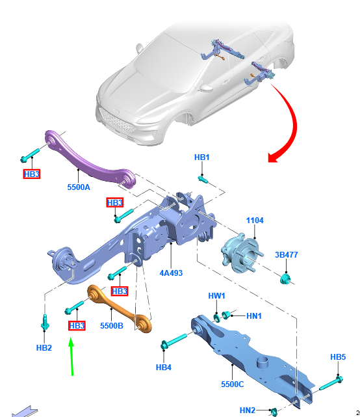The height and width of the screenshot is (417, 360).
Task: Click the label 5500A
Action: coord(79,187)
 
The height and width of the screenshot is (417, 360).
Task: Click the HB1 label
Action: coord(202,157)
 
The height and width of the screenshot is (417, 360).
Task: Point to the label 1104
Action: coord(255,220)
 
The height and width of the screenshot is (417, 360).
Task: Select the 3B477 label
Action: coord(286,255)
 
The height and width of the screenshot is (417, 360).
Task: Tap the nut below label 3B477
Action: coord(286,279)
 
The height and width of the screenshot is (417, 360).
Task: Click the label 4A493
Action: coord(171,273)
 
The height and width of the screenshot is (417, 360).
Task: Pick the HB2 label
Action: coord(44,347)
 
